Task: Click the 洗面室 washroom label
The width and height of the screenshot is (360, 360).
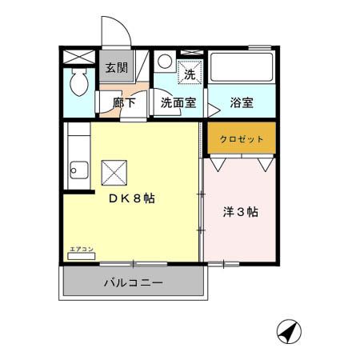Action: (176, 102)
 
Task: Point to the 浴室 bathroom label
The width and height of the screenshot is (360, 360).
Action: (242, 102)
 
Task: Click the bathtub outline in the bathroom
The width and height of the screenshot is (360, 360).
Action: (242, 68)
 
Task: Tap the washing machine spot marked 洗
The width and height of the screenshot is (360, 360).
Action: (190, 73)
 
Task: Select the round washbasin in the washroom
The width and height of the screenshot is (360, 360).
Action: (163, 61)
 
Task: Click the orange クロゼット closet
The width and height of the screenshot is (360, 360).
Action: (242, 138)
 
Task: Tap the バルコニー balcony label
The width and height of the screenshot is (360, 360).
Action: (133, 282)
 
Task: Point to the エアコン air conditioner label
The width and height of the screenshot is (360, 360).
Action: (82, 250)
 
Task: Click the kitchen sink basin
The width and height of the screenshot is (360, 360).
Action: (76, 170)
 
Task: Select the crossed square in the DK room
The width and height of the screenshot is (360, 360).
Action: (112, 170)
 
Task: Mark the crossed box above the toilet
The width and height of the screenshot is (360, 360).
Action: (78, 56)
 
